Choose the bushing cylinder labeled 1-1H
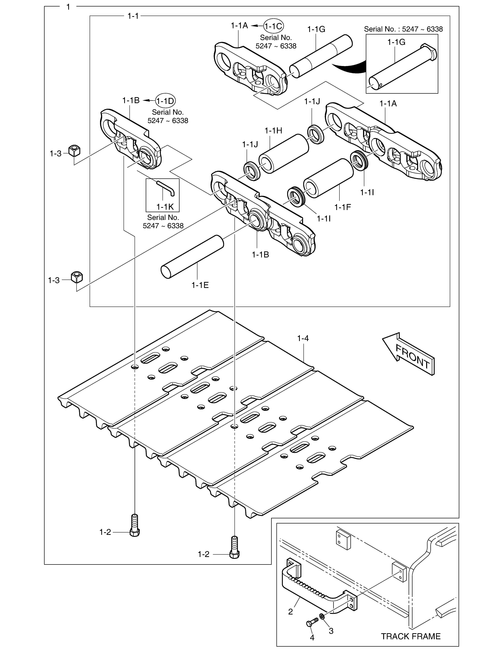coord(283,154)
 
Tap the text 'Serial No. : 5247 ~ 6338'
coord(403,29)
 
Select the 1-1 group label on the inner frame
coord(133,16)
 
